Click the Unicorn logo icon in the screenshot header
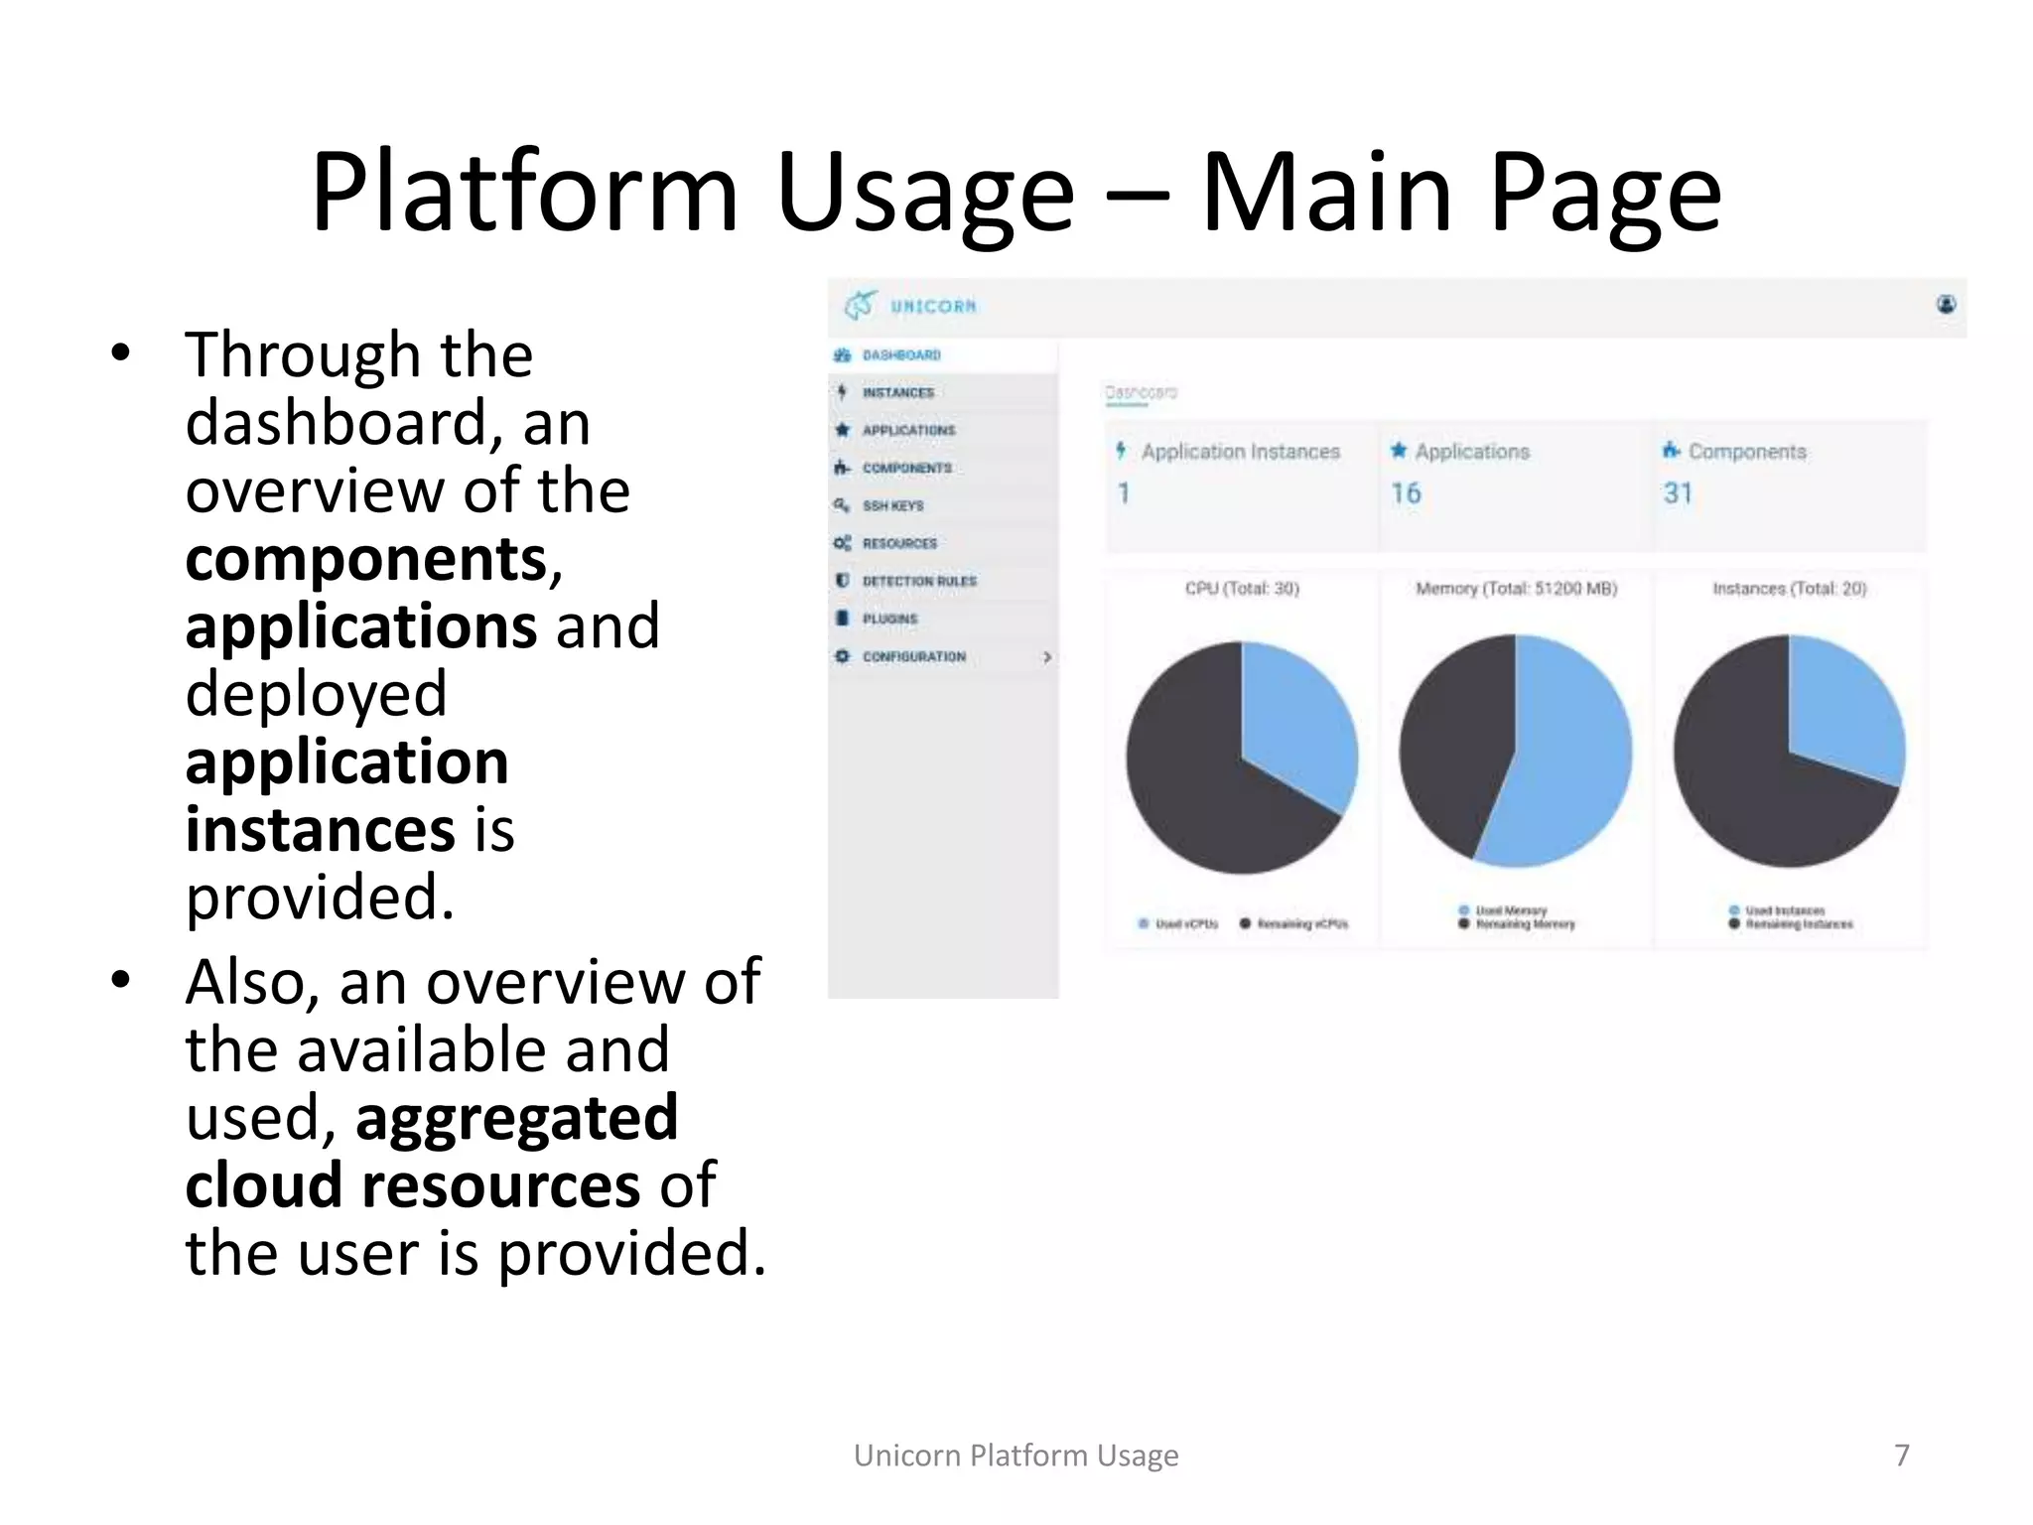[x=860, y=306]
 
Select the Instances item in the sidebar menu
[x=897, y=393]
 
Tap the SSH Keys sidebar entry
[x=892, y=506]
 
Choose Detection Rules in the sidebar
[x=918, y=582]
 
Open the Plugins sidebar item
[x=889, y=620]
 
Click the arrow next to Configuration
[x=1046, y=657]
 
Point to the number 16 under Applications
[x=1406, y=493]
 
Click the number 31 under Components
[x=1678, y=493]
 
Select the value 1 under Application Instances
[x=1124, y=493]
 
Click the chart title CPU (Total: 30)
[x=1242, y=589]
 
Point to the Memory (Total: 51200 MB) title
[x=1516, y=589]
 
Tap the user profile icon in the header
[x=1946, y=305]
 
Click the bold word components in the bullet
[x=366, y=559]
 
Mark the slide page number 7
[x=1902, y=1456]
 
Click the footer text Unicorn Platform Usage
[x=1016, y=1456]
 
